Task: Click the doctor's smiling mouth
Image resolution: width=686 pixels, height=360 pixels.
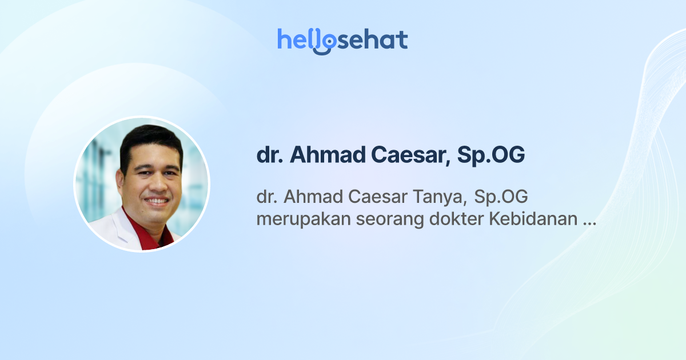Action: coord(155,201)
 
